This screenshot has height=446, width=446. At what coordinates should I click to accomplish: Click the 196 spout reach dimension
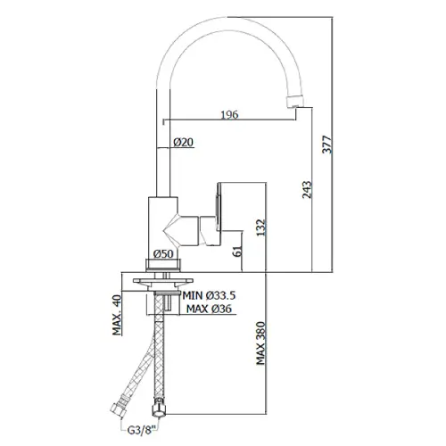tap(229, 114)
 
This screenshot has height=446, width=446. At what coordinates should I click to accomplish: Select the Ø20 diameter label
tap(183, 142)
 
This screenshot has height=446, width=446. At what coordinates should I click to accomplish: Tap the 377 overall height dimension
tap(326, 145)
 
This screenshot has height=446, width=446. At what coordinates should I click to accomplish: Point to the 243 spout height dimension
tap(307, 190)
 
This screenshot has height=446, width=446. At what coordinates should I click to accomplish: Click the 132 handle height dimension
tap(260, 227)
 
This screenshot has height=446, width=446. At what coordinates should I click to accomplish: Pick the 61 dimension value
tap(238, 252)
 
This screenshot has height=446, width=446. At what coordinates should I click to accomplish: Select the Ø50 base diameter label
tap(163, 253)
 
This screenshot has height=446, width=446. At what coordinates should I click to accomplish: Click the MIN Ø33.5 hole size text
tap(209, 295)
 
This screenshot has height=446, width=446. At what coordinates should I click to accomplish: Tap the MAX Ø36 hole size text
tap(209, 309)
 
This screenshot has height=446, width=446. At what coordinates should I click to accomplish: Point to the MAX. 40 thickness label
tap(117, 315)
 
